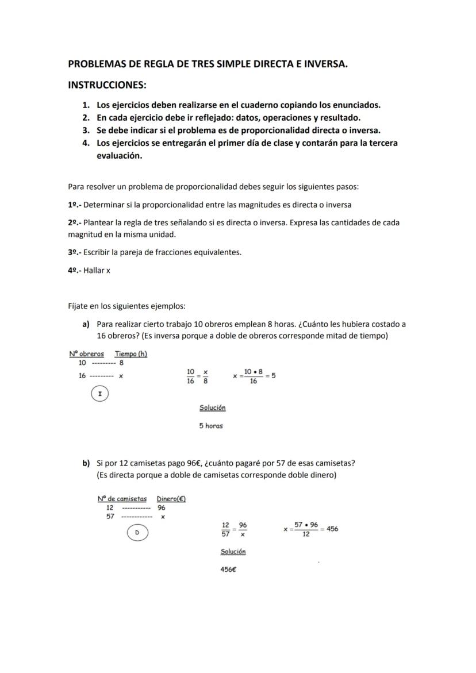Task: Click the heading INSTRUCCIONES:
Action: pos(107,85)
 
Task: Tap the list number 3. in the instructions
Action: pos(86,130)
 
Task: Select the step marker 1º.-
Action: pos(74,205)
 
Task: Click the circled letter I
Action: pos(100,394)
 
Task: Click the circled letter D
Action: pos(137,533)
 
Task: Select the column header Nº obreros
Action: pos(86,354)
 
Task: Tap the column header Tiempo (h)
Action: pos(131,354)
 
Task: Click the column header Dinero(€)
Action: pos(171,499)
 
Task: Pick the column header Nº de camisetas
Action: pos(122,499)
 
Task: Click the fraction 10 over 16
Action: pos(190,376)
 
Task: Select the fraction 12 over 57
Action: pos(225,529)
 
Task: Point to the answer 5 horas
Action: pos(211,426)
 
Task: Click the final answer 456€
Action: pos(228,570)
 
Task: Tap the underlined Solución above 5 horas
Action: pos(212,407)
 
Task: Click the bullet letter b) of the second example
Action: pos(86,463)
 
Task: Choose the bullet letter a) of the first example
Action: pos(86,324)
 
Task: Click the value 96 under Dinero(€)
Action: pos(162,508)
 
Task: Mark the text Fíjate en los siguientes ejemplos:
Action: pos(126,306)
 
